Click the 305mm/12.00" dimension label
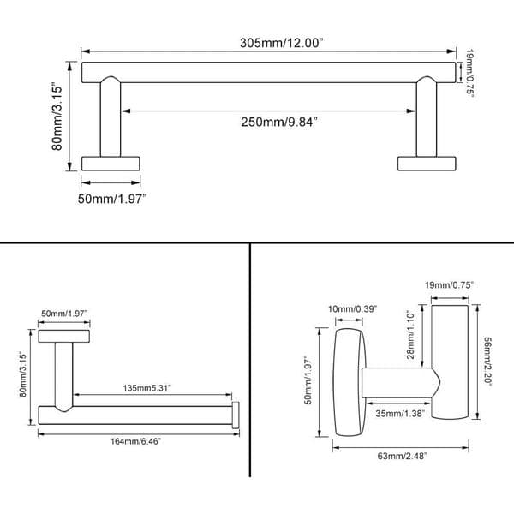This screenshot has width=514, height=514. point(281,43)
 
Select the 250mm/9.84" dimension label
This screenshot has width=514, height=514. point(279,122)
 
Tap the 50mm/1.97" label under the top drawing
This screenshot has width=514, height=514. point(112,199)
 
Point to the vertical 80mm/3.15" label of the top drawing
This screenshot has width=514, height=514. point(57,117)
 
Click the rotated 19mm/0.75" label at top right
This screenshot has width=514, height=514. point(469,74)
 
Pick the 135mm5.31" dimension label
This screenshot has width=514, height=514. point(146,388)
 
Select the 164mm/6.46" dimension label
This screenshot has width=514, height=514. point(135,441)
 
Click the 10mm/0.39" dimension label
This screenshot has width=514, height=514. point(353,309)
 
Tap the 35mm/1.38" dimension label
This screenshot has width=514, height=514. point(400,414)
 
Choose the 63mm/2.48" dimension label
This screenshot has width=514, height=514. point(403,456)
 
